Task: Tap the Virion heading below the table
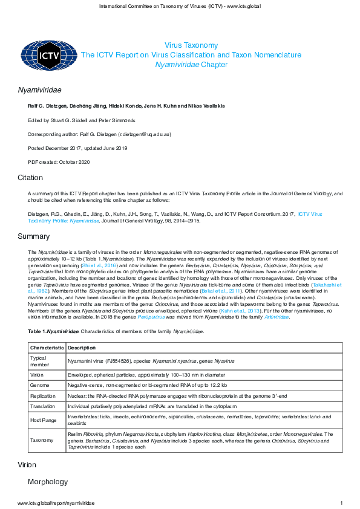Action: click(28, 465)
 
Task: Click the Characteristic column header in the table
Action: click(47, 348)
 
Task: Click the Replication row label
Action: click(44, 395)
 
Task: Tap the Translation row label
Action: click(43, 406)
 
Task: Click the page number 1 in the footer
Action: click(342, 503)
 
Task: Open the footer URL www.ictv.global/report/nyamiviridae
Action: click(56, 503)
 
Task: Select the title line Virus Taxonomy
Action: click(191, 45)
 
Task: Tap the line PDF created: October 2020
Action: click(59, 162)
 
